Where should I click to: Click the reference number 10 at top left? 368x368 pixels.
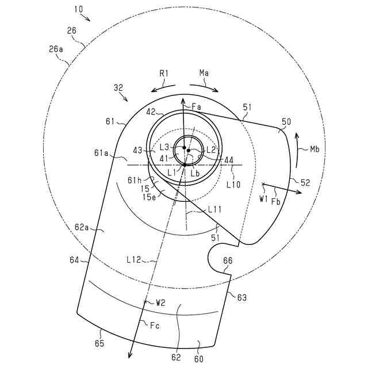77,9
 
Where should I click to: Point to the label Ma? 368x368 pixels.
204,74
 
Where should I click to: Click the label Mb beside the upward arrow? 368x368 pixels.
315,149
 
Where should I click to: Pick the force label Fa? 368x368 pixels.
197,106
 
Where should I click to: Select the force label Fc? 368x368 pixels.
154,326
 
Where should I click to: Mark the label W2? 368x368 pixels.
160,302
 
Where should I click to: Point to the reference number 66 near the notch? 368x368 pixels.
228,261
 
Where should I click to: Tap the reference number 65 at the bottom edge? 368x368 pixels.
99,343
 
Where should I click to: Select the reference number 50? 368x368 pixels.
285,122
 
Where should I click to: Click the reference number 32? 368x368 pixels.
118,89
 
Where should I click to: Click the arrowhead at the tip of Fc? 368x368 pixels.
132,356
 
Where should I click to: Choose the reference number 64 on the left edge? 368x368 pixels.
75,260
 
